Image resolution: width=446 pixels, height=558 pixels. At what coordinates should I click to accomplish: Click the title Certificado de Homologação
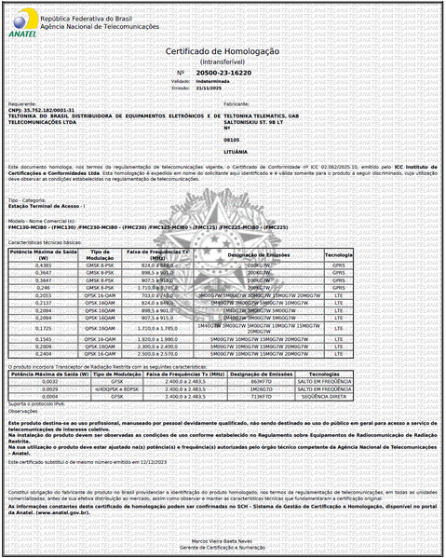223,52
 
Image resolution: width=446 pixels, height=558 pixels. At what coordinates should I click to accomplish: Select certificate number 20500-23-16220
224,72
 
